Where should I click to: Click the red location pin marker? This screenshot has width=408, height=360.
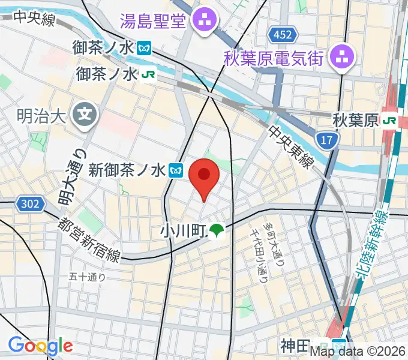tap(204, 178)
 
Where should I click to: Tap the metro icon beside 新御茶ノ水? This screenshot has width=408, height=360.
tap(176, 170)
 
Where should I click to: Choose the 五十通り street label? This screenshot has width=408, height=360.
tap(87, 277)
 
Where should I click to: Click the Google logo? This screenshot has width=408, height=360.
tap(40, 346)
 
